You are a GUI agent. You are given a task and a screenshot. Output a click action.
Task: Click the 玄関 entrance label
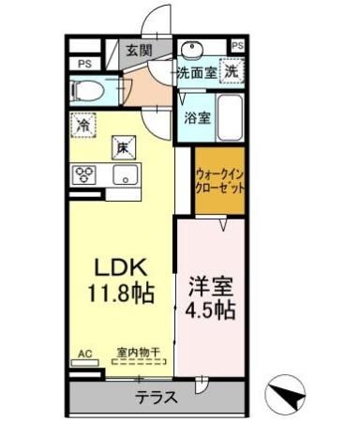(x=139, y=51)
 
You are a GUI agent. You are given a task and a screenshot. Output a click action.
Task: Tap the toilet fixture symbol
(x=90, y=90)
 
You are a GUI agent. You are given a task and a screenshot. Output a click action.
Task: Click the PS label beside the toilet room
(x=84, y=64)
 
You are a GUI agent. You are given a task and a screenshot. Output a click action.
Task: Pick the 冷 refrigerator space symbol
(x=84, y=124)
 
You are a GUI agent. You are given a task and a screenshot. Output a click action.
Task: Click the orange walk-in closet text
(x=220, y=180)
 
